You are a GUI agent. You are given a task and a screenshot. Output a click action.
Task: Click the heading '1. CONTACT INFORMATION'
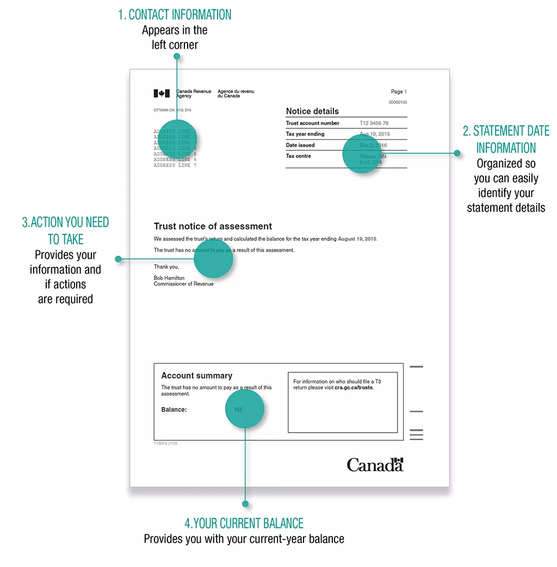point(175,15)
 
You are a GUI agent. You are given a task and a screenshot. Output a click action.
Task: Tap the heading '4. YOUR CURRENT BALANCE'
point(244,523)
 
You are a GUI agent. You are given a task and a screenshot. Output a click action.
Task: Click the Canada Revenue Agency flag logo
point(162,94)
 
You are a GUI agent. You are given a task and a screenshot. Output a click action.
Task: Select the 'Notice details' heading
point(312,111)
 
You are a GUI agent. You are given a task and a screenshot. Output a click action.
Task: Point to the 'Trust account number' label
point(312,123)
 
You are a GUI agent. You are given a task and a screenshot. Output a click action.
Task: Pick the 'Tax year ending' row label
point(305,134)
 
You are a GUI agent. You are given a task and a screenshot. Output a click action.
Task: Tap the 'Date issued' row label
point(300,145)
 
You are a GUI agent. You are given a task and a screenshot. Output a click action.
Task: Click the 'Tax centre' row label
point(299,156)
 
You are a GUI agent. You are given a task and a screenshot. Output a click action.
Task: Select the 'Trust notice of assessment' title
point(213,226)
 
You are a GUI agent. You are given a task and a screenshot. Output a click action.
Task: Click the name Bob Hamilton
point(169,278)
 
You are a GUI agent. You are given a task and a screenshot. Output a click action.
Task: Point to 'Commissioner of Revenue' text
point(183,284)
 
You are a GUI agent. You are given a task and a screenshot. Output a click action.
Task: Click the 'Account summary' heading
point(196,375)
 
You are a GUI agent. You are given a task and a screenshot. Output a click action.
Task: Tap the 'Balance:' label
point(174,410)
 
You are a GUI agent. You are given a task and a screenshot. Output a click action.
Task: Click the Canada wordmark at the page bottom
point(375,465)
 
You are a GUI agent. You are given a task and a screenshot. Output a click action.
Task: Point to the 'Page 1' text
point(398,92)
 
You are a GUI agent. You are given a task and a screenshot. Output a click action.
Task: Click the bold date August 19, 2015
point(357,239)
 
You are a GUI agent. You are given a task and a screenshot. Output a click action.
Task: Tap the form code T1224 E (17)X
point(165,443)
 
